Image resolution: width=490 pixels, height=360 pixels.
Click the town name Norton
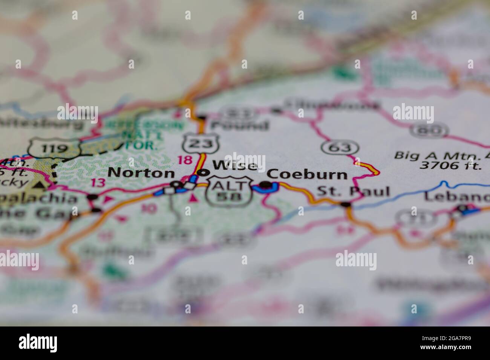tap(141, 173)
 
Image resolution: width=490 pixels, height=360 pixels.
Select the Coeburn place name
tap(307, 174)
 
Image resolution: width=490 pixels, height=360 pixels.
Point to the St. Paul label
tap(353, 192)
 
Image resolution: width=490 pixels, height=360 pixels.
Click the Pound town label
tap(240, 125)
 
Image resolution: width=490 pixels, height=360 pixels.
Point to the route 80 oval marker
tap(429, 130)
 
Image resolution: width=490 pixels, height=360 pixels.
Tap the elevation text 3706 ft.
tap(450, 165)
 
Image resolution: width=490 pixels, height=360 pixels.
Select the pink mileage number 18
tap(185, 160)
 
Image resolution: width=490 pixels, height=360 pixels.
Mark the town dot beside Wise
tap(204, 173)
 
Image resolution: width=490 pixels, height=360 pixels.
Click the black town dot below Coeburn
tap(266, 185)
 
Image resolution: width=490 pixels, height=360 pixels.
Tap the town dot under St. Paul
tap(345, 205)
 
